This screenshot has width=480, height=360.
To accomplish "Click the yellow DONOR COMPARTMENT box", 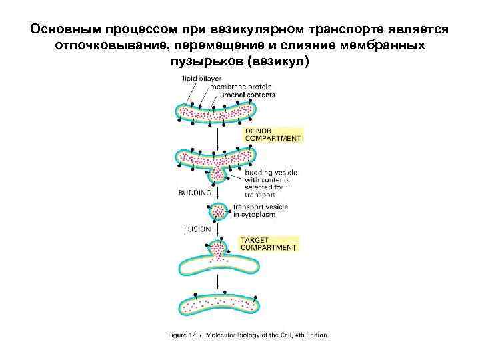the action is [x=273, y=135].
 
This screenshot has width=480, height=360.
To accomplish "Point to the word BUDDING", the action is [x=195, y=192].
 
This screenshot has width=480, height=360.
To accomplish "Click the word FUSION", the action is [x=197, y=229].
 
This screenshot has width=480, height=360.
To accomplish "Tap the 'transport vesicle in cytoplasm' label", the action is [x=261, y=210].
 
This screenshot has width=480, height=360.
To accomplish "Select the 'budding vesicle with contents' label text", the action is [x=271, y=183].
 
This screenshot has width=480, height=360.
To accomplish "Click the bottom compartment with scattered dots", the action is [x=219, y=305].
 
